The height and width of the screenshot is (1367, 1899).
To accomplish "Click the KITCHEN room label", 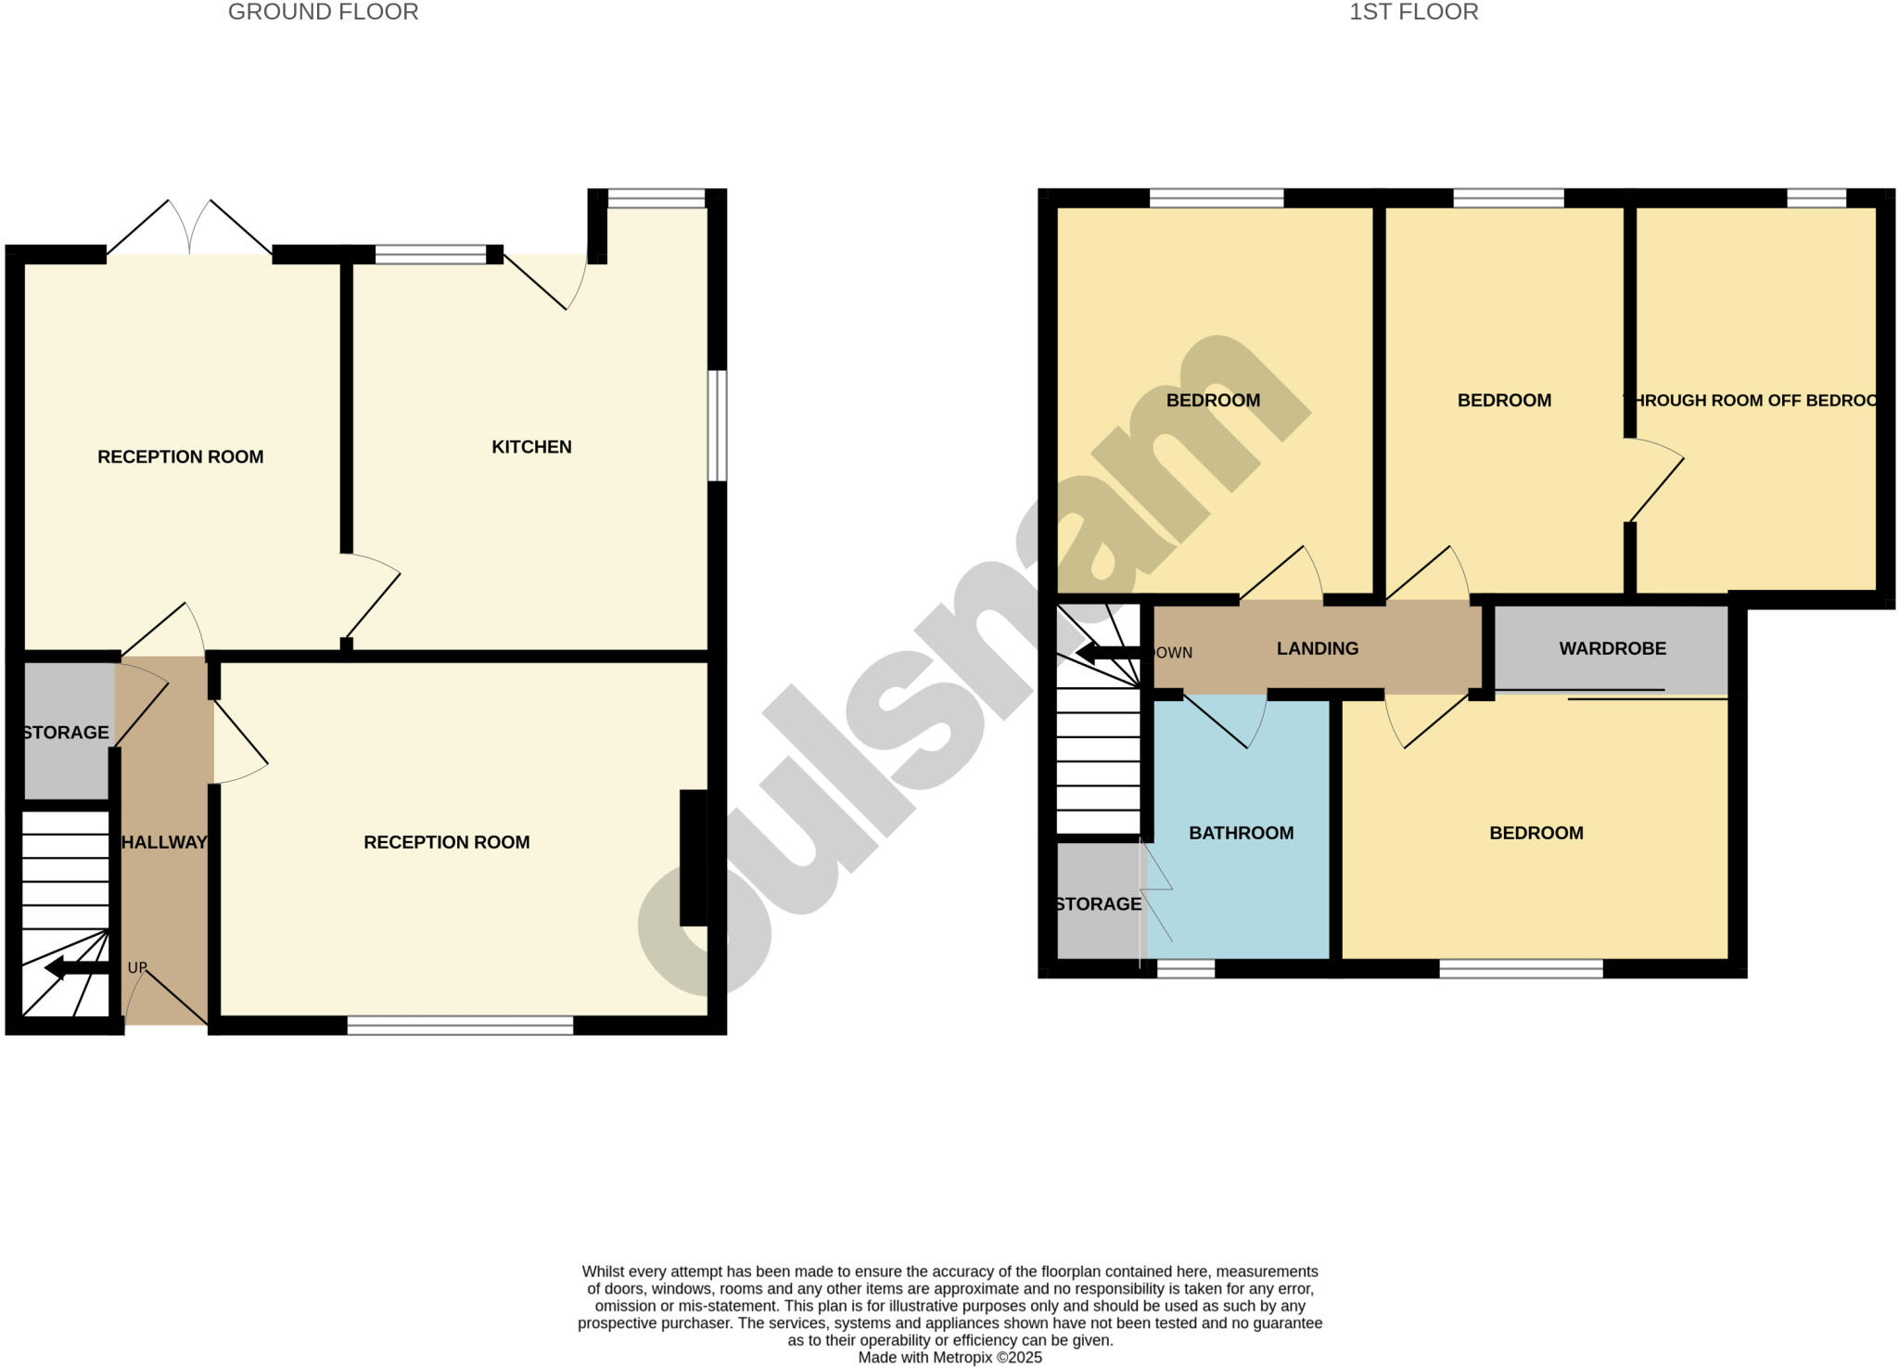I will tap(531, 447).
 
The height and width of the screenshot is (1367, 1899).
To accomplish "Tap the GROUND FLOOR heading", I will tap(323, 12).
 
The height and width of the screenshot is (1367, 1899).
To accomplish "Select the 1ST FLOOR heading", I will tap(1413, 12).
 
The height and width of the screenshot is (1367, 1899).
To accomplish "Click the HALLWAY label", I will tap(164, 842).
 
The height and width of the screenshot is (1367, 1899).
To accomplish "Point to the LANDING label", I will tap(1317, 648).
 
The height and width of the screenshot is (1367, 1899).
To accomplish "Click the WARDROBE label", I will tap(1612, 648).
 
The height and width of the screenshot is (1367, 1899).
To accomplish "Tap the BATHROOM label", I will tap(1241, 833).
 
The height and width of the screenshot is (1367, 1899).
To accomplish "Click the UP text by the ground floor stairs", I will tap(137, 968).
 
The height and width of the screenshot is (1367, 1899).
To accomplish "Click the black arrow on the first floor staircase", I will tap(1107, 654).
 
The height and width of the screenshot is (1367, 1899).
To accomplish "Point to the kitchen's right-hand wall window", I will tap(717, 426).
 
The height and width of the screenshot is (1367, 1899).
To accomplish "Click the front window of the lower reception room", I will tap(460, 1025).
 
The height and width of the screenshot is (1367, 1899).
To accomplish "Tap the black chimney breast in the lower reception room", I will tap(693, 857).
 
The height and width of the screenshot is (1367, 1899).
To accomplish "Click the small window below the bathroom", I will tap(1186, 969).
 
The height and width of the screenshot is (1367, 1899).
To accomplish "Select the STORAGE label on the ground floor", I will tap(65, 733).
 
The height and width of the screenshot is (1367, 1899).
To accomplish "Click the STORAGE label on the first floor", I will tap(1098, 904).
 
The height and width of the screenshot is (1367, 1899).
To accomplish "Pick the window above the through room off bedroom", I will tap(1816, 198).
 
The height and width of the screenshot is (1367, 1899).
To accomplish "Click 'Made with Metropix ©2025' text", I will tap(949, 1358).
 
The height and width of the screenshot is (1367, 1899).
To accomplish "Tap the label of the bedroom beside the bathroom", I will tap(1536, 833).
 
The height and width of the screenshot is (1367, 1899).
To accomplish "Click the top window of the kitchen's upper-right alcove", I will tap(656, 198).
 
